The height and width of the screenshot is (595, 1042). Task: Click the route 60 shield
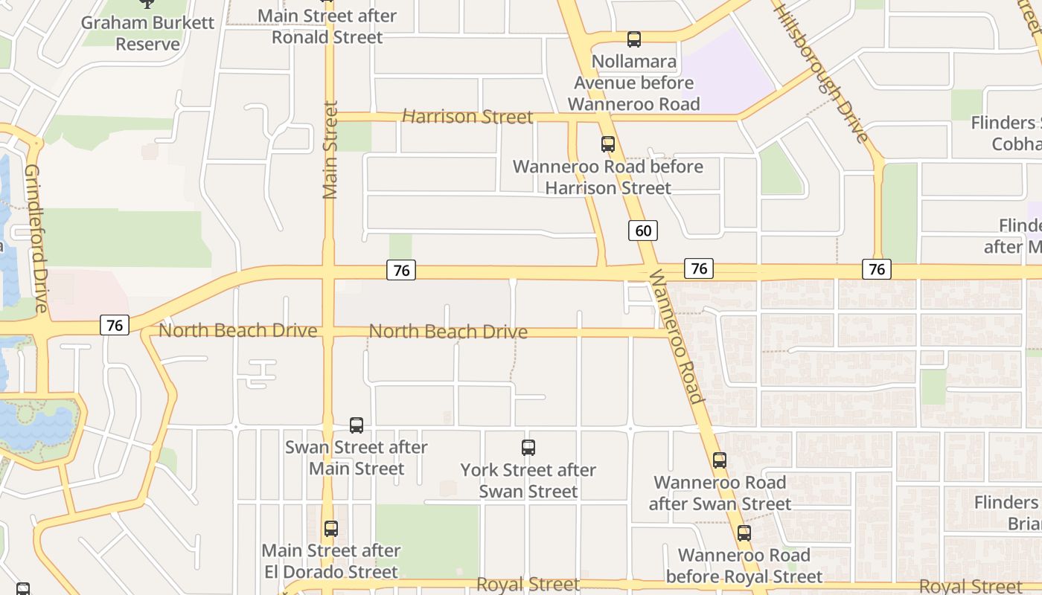pos(643,231)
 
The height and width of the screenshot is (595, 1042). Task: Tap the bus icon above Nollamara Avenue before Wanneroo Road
pos(634,39)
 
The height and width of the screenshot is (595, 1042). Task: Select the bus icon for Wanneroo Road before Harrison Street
pos(608,144)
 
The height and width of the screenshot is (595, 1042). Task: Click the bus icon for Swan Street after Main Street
pos(357,425)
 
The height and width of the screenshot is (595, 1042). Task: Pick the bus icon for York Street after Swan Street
pos(528,448)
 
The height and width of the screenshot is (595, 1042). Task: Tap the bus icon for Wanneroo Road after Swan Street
pos(719,460)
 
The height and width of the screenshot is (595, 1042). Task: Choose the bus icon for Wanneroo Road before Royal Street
pos(744,533)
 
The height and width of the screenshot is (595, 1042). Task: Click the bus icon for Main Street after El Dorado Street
pos(331,529)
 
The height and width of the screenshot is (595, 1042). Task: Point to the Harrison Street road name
pos(467,117)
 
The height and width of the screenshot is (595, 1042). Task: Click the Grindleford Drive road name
pos(36,238)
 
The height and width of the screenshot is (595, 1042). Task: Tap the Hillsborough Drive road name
pos(821,71)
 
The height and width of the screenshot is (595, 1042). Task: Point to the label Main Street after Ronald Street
pos(327,26)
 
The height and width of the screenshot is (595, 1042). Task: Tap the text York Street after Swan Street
pos(528,480)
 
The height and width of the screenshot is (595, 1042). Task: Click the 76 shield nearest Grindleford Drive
pos(115,325)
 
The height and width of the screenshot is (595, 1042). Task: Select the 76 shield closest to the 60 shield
pos(698,268)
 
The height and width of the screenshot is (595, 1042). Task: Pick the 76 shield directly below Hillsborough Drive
pos(877,268)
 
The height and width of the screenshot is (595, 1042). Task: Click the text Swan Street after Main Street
pos(357,457)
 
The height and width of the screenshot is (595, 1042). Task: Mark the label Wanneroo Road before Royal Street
pos(744,566)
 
